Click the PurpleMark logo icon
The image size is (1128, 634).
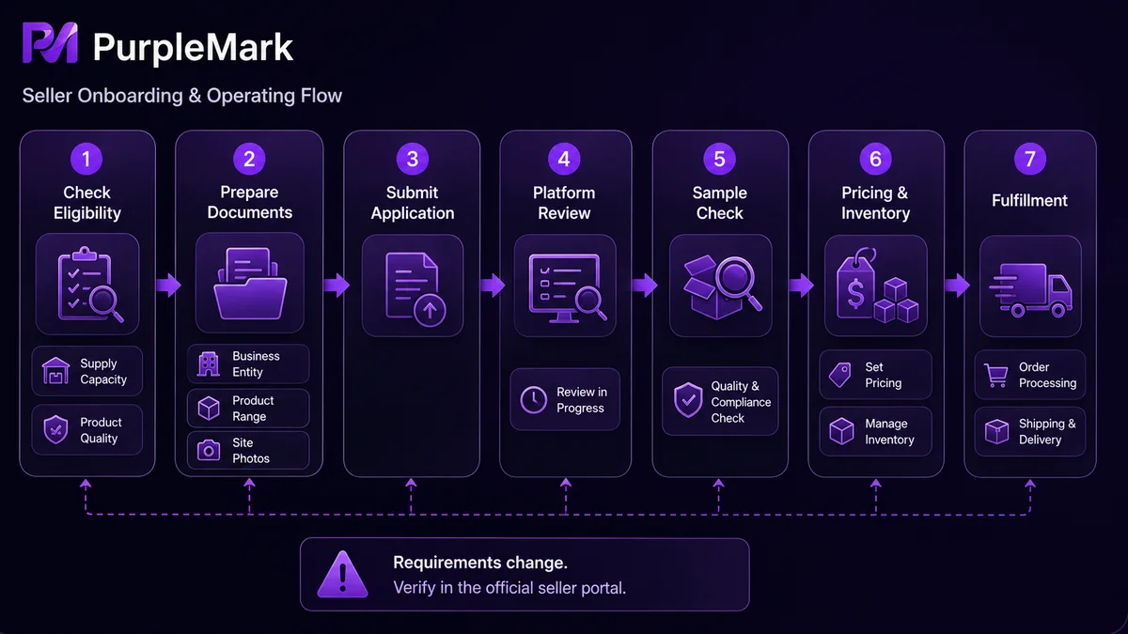click(51, 43)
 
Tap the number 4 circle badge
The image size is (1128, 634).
click(564, 159)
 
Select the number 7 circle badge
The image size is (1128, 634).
click(1030, 159)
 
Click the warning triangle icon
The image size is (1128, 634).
click(342, 574)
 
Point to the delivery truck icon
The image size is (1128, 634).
click(1030, 290)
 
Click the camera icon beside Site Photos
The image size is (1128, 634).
click(209, 450)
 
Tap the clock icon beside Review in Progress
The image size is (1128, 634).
click(533, 400)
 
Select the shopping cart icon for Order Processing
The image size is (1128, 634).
click(996, 376)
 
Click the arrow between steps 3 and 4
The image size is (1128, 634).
click(492, 286)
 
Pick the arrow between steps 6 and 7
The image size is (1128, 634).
click(957, 286)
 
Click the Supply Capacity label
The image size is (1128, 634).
click(103, 371)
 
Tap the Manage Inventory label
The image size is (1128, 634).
click(889, 431)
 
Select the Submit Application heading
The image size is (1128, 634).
click(413, 203)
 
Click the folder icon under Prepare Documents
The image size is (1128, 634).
click(250, 284)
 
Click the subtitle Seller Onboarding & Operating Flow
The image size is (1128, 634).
click(181, 96)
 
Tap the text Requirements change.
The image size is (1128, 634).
click(480, 563)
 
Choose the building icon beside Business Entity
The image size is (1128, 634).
click(209, 363)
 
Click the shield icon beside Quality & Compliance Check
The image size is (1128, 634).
click(688, 400)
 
